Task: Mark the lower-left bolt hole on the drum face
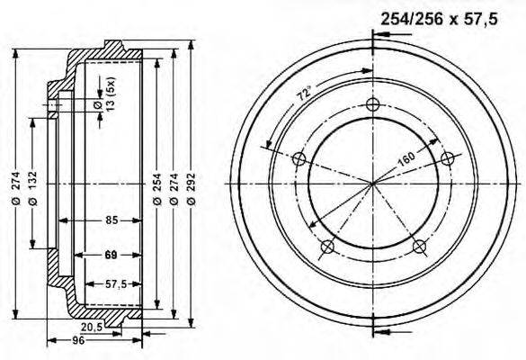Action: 328,246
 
